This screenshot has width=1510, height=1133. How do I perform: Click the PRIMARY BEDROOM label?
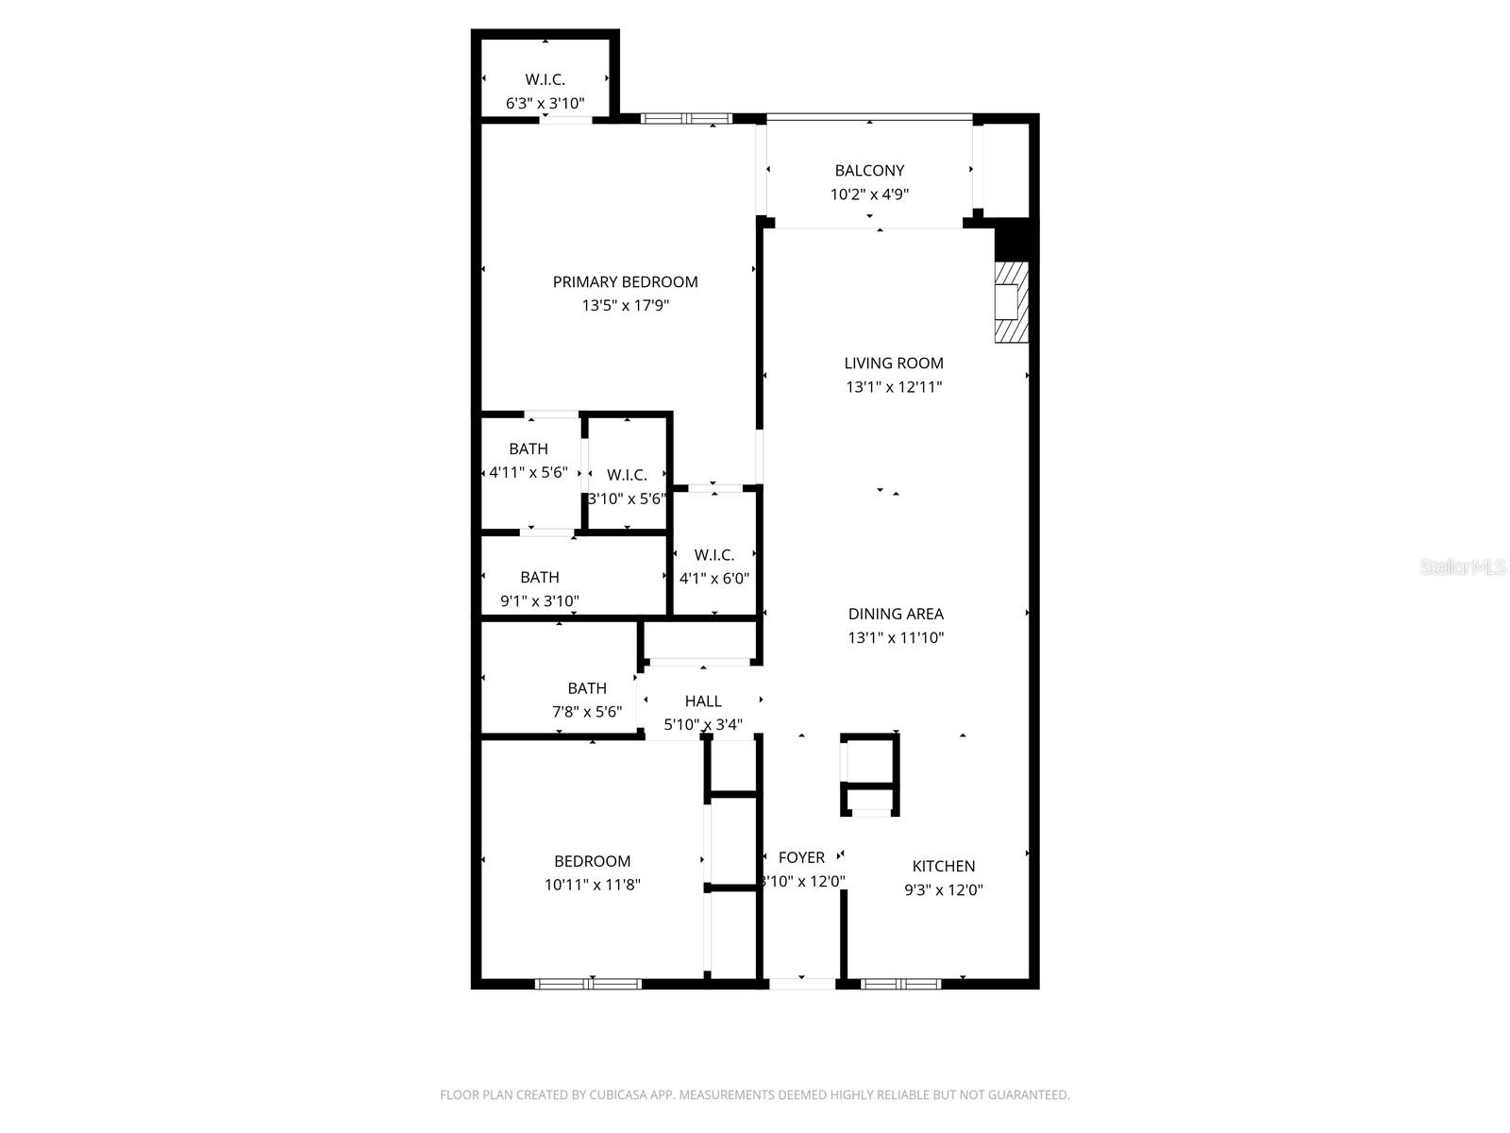pyautogui.click(x=625, y=281)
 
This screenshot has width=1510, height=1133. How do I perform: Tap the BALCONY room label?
pyautogui.click(x=869, y=171)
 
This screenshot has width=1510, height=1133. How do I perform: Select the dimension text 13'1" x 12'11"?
pyautogui.click(x=893, y=387)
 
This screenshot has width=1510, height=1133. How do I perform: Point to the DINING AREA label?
pyautogui.click(x=896, y=614)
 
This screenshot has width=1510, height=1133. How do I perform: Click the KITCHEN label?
pyautogui.click(x=943, y=866)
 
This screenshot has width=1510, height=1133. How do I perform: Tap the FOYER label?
pyautogui.click(x=801, y=857)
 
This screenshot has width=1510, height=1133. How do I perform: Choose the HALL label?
pyautogui.click(x=703, y=701)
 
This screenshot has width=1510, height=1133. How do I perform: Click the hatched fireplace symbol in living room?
pyautogui.click(x=1011, y=302)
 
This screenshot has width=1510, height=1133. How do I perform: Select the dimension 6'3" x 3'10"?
pyautogui.click(x=545, y=104)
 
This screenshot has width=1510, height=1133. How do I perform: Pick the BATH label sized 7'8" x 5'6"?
pyautogui.click(x=587, y=688)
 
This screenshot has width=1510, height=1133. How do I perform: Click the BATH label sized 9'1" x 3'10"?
pyautogui.click(x=539, y=577)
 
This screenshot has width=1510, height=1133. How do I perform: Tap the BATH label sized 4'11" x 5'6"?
pyautogui.click(x=528, y=448)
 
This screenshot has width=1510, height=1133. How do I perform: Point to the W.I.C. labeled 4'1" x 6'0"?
pyautogui.click(x=714, y=555)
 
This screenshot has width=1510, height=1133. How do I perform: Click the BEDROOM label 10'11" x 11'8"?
pyautogui.click(x=592, y=861)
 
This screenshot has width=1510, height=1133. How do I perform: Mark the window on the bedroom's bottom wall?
pyautogui.click(x=589, y=984)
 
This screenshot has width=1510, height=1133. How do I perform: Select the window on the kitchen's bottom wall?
pyautogui.click(x=900, y=984)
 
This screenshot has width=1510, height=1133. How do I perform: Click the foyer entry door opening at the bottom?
pyautogui.click(x=802, y=984)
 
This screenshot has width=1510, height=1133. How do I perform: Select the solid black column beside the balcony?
pyautogui.click(x=1015, y=239)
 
